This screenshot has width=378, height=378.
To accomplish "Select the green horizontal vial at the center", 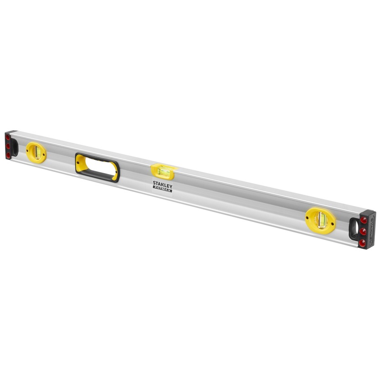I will [163, 172].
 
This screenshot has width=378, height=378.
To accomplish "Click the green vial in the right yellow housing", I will [322, 220].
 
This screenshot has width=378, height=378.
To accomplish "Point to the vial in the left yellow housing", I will [36, 153].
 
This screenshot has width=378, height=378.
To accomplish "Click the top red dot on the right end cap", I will [364, 220].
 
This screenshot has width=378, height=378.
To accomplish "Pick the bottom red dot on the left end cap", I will [8, 156].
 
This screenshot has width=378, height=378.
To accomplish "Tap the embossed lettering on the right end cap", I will [371, 230].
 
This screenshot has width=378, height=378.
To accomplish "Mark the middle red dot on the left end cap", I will [8, 147].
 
